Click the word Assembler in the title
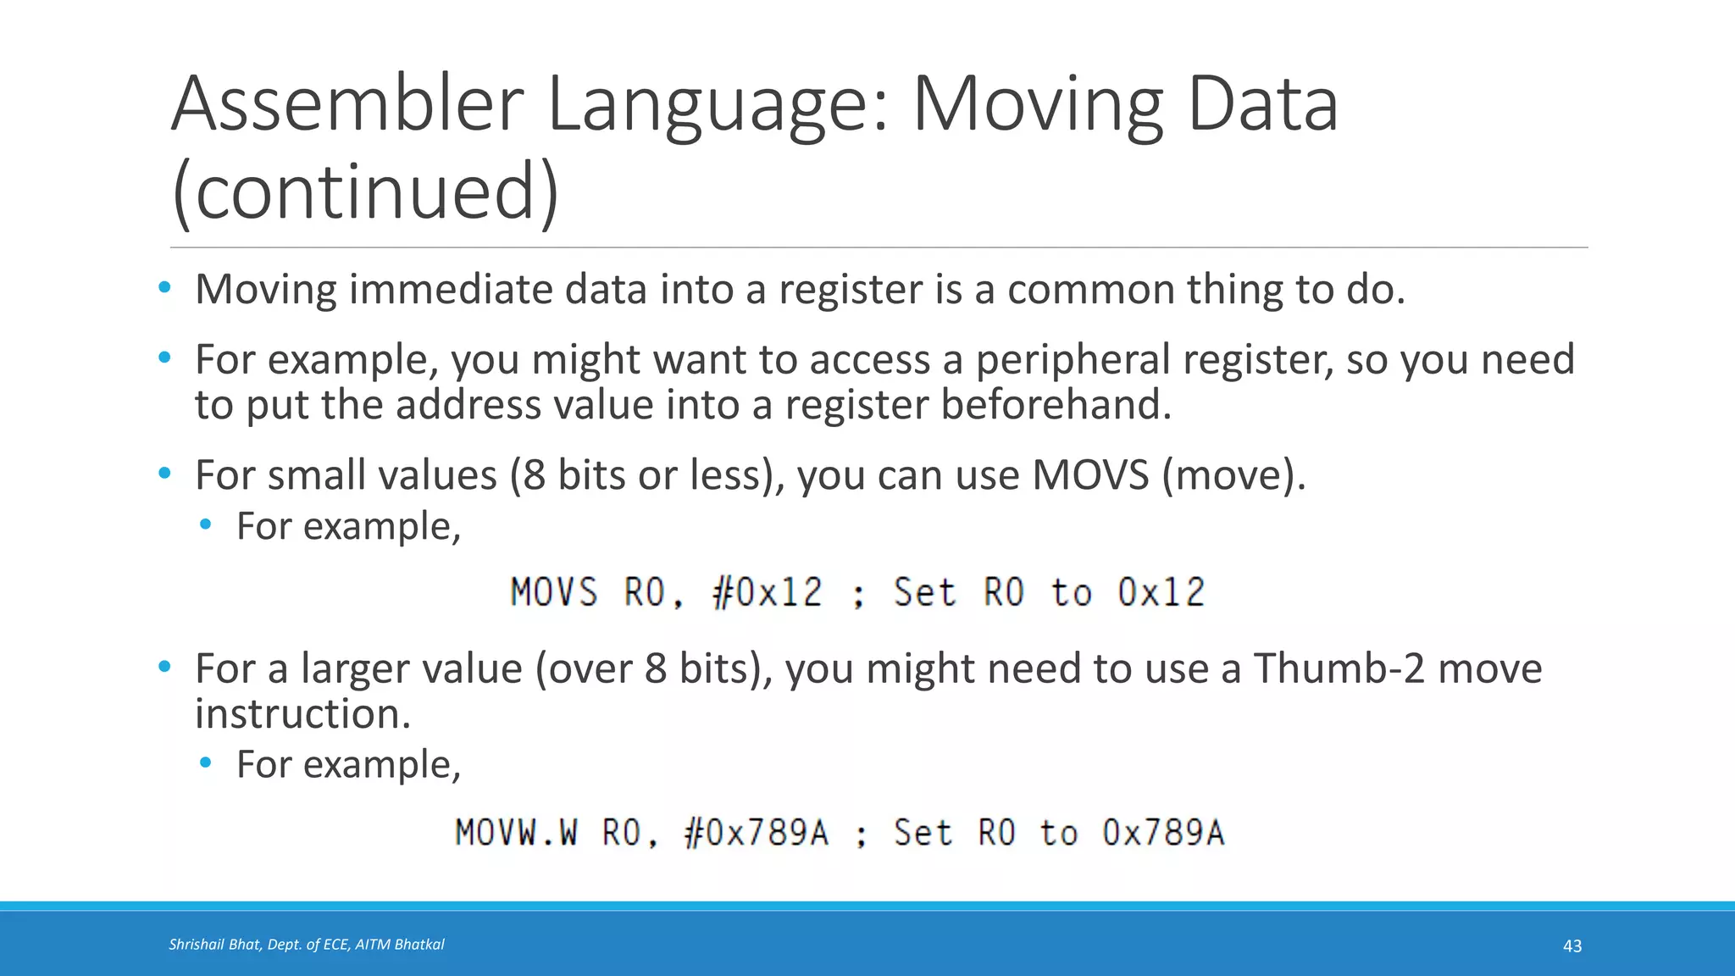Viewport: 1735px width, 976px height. (x=348, y=104)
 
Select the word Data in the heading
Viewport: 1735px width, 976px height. (x=1262, y=104)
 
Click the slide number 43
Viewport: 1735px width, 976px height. (x=1571, y=946)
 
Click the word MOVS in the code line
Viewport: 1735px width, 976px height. (x=554, y=592)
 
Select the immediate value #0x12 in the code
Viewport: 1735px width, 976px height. (x=768, y=592)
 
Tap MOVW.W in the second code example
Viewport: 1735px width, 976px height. (x=517, y=833)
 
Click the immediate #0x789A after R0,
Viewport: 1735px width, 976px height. (x=756, y=833)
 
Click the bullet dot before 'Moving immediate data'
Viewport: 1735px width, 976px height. (x=164, y=288)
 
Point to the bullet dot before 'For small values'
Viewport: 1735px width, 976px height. (x=164, y=474)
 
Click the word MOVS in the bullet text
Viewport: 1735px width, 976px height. (x=1090, y=475)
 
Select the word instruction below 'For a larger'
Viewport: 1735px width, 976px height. (x=302, y=714)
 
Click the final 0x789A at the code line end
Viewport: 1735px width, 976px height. (x=1163, y=833)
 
